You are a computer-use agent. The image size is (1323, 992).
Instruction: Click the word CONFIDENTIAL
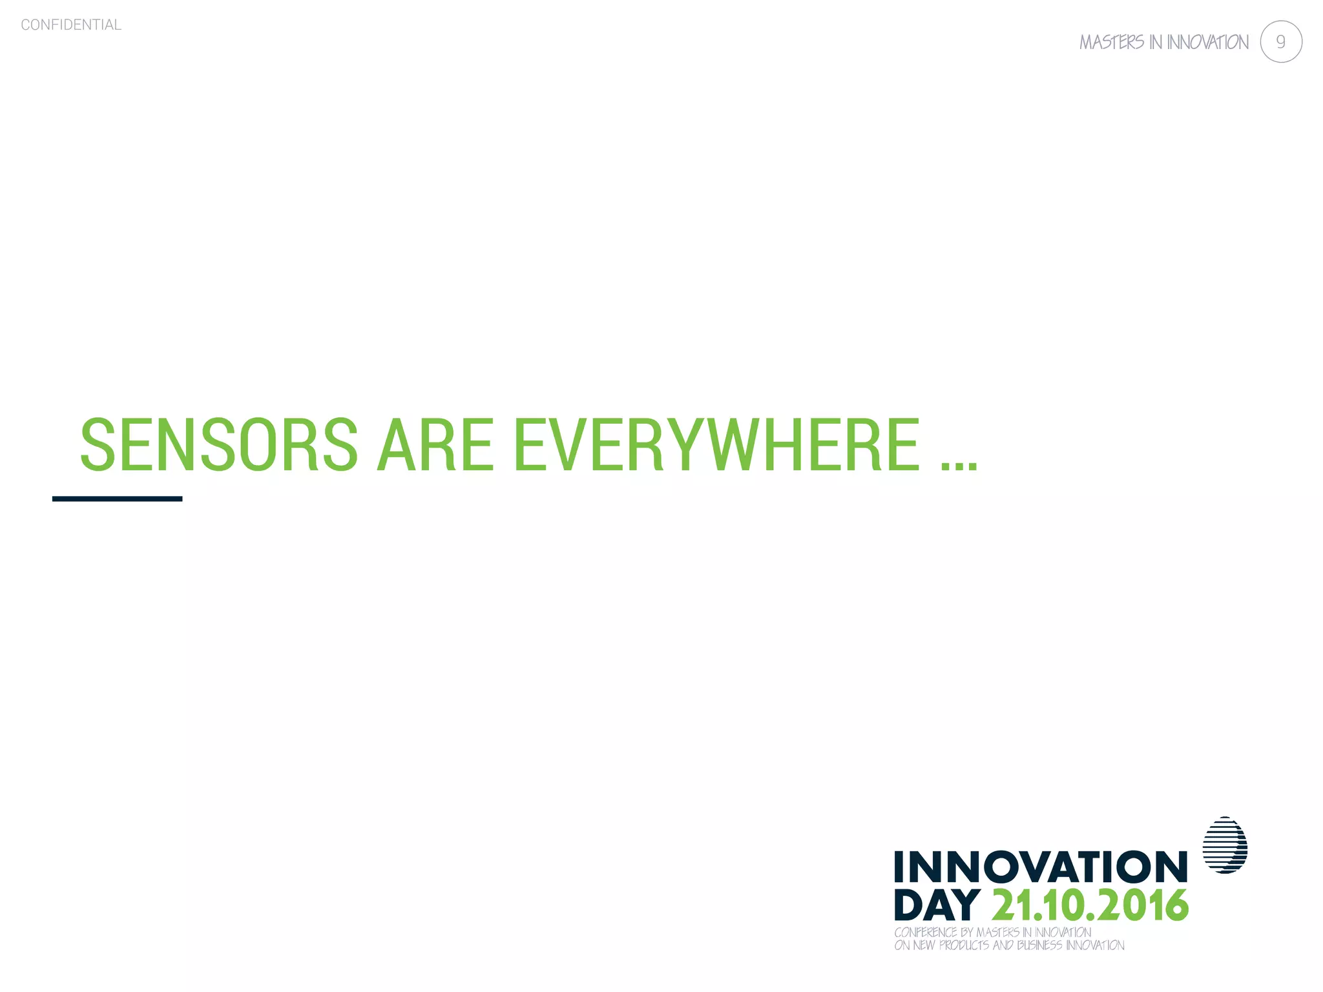(x=71, y=25)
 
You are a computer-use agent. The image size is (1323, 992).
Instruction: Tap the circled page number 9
(x=1280, y=42)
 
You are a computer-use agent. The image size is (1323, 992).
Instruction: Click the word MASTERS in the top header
(x=1112, y=43)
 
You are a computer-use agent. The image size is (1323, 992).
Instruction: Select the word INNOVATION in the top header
(x=1207, y=43)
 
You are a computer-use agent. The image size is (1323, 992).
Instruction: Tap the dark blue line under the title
(x=117, y=499)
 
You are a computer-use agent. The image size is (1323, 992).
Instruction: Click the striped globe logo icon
(x=1225, y=845)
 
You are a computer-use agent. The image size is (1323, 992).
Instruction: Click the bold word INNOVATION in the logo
(x=1041, y=867)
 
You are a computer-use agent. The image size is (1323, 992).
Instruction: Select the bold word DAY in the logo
(x=937, y=905)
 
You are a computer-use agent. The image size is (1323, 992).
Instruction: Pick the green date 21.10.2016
(x=1090, y=905)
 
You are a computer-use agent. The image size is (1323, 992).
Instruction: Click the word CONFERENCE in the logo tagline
(x=925, y=933)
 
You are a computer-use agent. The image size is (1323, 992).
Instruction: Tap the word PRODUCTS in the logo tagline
(x=964, y=945)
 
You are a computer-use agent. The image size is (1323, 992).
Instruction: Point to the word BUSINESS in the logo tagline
(x=1039, y=945)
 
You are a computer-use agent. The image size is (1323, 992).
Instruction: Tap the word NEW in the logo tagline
(x=924, y=945)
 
